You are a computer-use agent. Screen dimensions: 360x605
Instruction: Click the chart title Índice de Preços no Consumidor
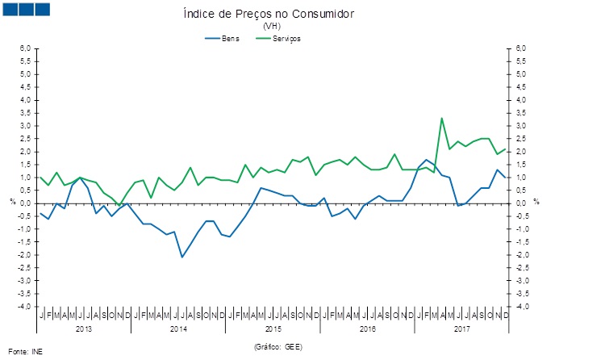pyautogui.click(x=269, y=15)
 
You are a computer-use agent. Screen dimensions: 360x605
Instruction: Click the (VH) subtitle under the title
pyautogui.click(x=269, y=27)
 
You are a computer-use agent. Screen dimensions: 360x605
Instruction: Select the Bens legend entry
pyautogui.click(x=230, y=38)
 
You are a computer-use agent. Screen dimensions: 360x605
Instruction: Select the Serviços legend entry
pyautogui.click(x=287, y=38)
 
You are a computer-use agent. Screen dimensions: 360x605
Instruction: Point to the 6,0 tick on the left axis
pyautogui.click(x=26, y=48)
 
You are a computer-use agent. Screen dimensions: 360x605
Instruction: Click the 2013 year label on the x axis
pyautogui.click(x=84, y=329)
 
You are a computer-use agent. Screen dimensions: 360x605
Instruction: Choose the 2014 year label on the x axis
pyautogui.click(x=178, y=329)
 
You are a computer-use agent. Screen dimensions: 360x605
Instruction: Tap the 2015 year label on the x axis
pyautogui.click(x=273, y=329)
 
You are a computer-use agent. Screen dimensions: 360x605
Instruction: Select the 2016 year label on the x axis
pyautogui.click(x=367, y=329)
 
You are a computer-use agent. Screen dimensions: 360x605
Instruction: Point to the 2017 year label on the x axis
pyautogui.click(x=461, y=329)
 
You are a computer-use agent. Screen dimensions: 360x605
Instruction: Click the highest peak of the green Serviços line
pyautogui.click(x=441, y=119)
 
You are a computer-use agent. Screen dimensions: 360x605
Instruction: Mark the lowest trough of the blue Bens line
pyautogui.click(x=182, y=257)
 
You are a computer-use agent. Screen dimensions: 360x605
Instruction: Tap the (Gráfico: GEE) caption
pyautogui.click(x=277, y=345)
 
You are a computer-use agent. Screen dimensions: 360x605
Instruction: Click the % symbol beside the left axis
pyautogui.click(x=12, y=202)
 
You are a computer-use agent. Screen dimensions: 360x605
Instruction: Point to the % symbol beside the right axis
pyautogui.click(x=536, y=202)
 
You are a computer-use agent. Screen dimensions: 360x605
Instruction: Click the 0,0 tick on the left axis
pyautogui.click(x=26, y=203)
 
